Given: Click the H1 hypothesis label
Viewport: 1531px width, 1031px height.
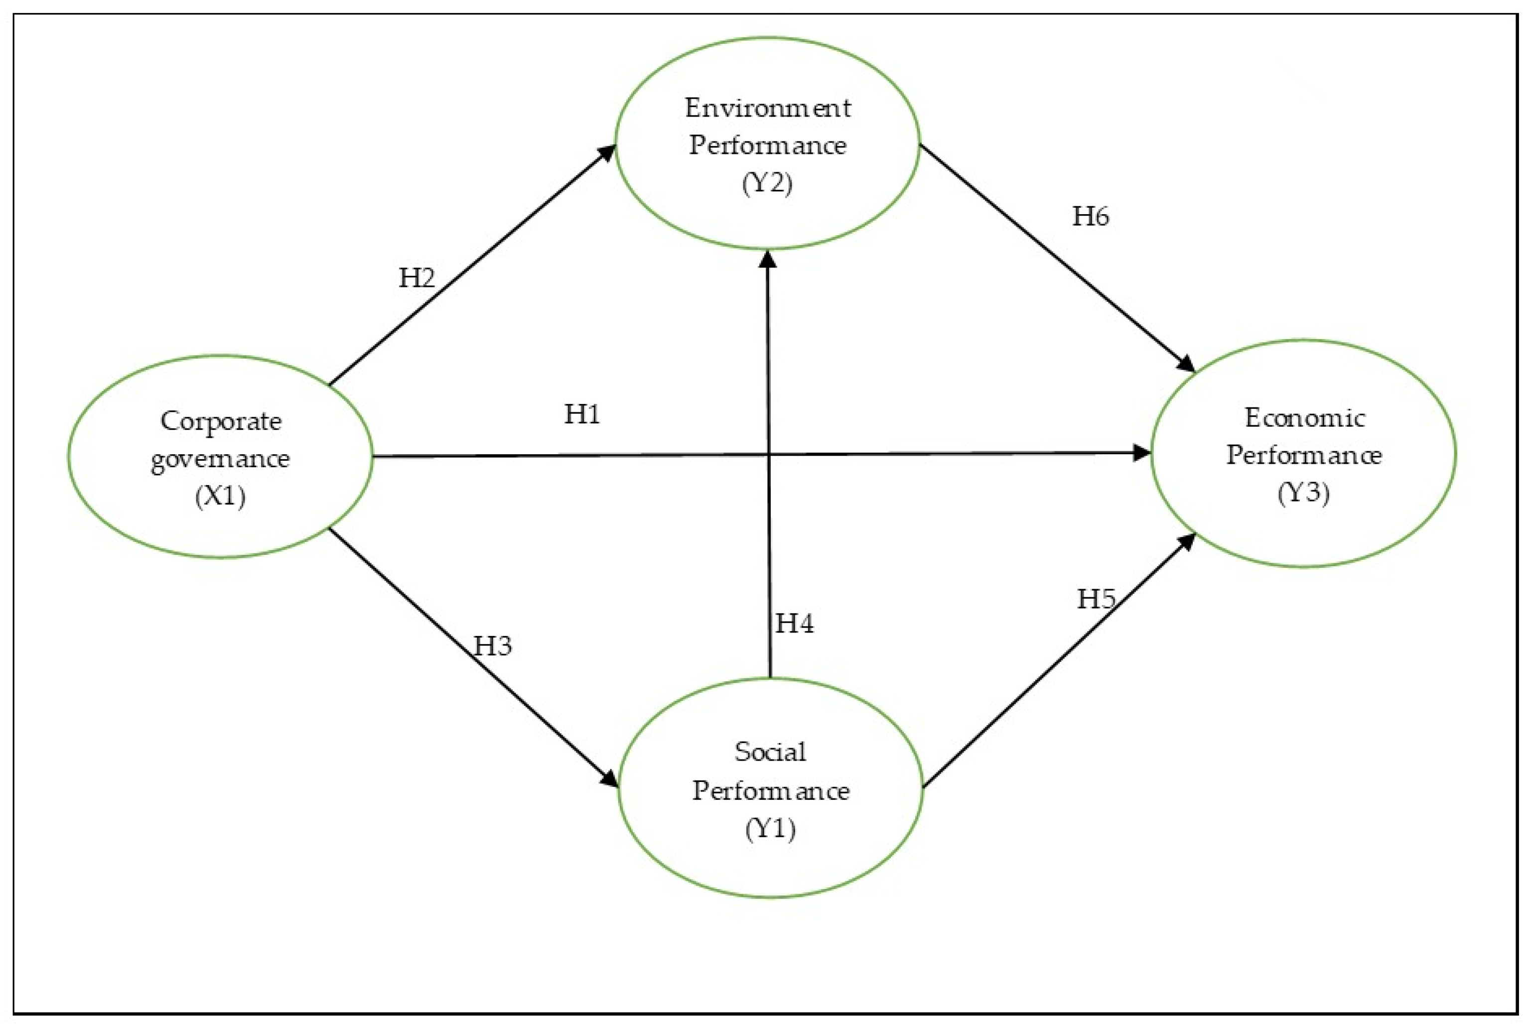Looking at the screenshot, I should (582, 414).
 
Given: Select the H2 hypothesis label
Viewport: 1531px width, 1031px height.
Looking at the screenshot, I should (417, 277).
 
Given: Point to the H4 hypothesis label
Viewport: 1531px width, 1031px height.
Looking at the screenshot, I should (794, 623).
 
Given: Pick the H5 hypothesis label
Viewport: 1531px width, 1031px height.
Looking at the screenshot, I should (1096, 598).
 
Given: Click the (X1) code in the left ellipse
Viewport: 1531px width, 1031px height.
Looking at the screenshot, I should (220, 495).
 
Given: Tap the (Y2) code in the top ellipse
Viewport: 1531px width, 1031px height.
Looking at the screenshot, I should (767, 182).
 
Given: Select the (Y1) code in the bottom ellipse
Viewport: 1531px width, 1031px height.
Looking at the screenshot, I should (770, 828).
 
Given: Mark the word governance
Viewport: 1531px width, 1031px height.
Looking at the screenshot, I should (220, 458).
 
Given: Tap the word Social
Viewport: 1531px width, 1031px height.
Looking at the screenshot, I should (770, 752).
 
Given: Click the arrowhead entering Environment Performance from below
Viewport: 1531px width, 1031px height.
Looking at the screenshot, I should (767, 259).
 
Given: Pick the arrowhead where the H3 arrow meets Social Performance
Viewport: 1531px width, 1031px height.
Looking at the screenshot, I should (610, 779).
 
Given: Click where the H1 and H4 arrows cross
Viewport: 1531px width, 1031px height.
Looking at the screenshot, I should (768, 454).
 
